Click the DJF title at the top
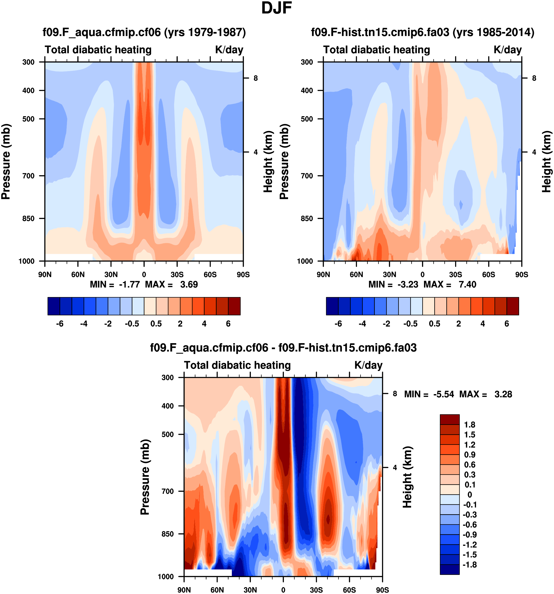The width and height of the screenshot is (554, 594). click(276, 8)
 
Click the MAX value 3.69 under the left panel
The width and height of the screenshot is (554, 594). click(189, 285)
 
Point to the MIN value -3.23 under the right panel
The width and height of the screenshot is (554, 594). click(408, 285)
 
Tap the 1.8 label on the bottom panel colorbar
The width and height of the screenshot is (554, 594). click(469, 425)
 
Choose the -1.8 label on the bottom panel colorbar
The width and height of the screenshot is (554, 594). click(469, 564)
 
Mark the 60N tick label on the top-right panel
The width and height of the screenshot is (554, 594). click(356, 274)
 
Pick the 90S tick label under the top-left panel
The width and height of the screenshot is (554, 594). click(243, 274)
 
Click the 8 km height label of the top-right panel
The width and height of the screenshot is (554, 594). click(534, 78)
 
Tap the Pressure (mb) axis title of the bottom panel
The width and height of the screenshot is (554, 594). click(145, 477)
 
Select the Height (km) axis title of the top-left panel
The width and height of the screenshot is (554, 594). click(268, 161)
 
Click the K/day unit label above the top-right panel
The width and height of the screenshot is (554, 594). click(508, 49)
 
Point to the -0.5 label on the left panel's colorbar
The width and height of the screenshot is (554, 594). click(132, 324)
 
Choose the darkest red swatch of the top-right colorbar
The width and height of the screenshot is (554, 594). click(512, 306)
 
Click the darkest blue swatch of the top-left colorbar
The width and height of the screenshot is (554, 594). click(54, 306)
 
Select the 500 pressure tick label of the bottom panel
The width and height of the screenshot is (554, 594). click(168, 434)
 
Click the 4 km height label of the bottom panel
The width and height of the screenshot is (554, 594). click(395, 468)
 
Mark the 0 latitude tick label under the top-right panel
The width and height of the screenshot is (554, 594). click(423, 274)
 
